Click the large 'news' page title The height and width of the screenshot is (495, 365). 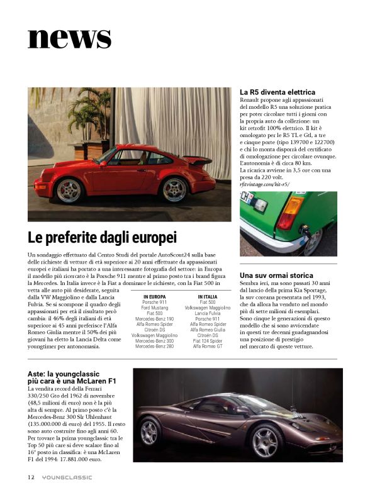[x=69, y=37]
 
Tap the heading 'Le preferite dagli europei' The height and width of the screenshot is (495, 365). [x=102, y=238]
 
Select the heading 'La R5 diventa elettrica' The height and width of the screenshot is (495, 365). [x=278, y=92]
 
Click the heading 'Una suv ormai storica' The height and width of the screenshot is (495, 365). [x=276, y=275]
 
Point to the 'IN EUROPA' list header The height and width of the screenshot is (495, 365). [x=155, y=296]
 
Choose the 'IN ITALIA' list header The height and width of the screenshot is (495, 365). [x=208, y=296]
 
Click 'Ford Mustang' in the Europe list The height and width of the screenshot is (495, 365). [x=155, y=308]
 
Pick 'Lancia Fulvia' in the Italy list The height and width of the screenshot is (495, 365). [x=208, y=313]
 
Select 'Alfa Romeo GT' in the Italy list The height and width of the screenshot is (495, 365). [x=208, y=347]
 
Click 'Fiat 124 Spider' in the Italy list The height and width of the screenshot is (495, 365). [x=208, y=341]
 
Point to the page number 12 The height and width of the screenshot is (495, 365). [x=31, y=477]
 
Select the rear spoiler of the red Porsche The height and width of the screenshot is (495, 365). [x=198, y=160]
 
